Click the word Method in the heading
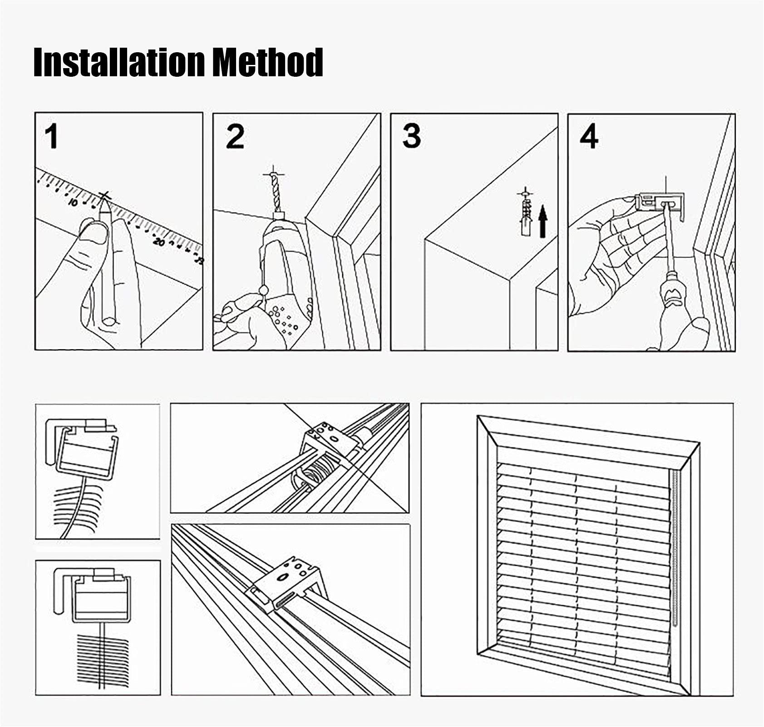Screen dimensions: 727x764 point(267,63)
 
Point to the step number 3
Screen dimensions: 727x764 point(411,136)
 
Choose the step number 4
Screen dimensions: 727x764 point(589,137)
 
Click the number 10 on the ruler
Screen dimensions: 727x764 point(74,202)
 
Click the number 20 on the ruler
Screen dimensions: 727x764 point(159,242)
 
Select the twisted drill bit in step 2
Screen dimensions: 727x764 point(276,193)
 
